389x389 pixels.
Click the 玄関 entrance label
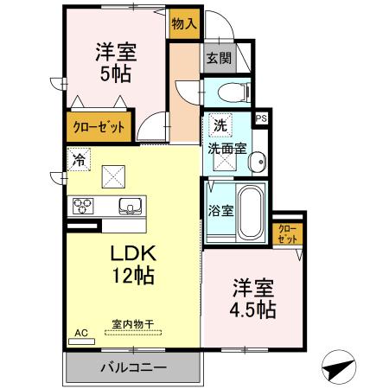point(219,58)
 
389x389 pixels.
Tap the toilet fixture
point(234,92)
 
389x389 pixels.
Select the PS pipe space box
point(262,118)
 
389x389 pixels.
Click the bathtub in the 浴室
point(251,213)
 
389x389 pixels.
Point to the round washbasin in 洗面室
point(258,162)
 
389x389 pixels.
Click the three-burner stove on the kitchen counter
point(83,206)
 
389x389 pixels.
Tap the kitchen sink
point(131,206)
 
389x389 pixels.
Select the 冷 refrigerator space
point(79,160)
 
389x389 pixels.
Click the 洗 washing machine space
point(220,125)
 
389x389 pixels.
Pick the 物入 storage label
point(184,23)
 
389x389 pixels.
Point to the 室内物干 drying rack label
point(133,324)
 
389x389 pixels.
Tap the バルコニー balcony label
point(134,367)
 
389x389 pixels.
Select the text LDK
point(133,253)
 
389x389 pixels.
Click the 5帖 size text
point(116,73)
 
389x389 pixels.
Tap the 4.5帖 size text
point(252,309)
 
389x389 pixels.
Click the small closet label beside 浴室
point(288,234)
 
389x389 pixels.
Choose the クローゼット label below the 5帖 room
point(99,127)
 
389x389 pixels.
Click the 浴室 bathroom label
point(220,211)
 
